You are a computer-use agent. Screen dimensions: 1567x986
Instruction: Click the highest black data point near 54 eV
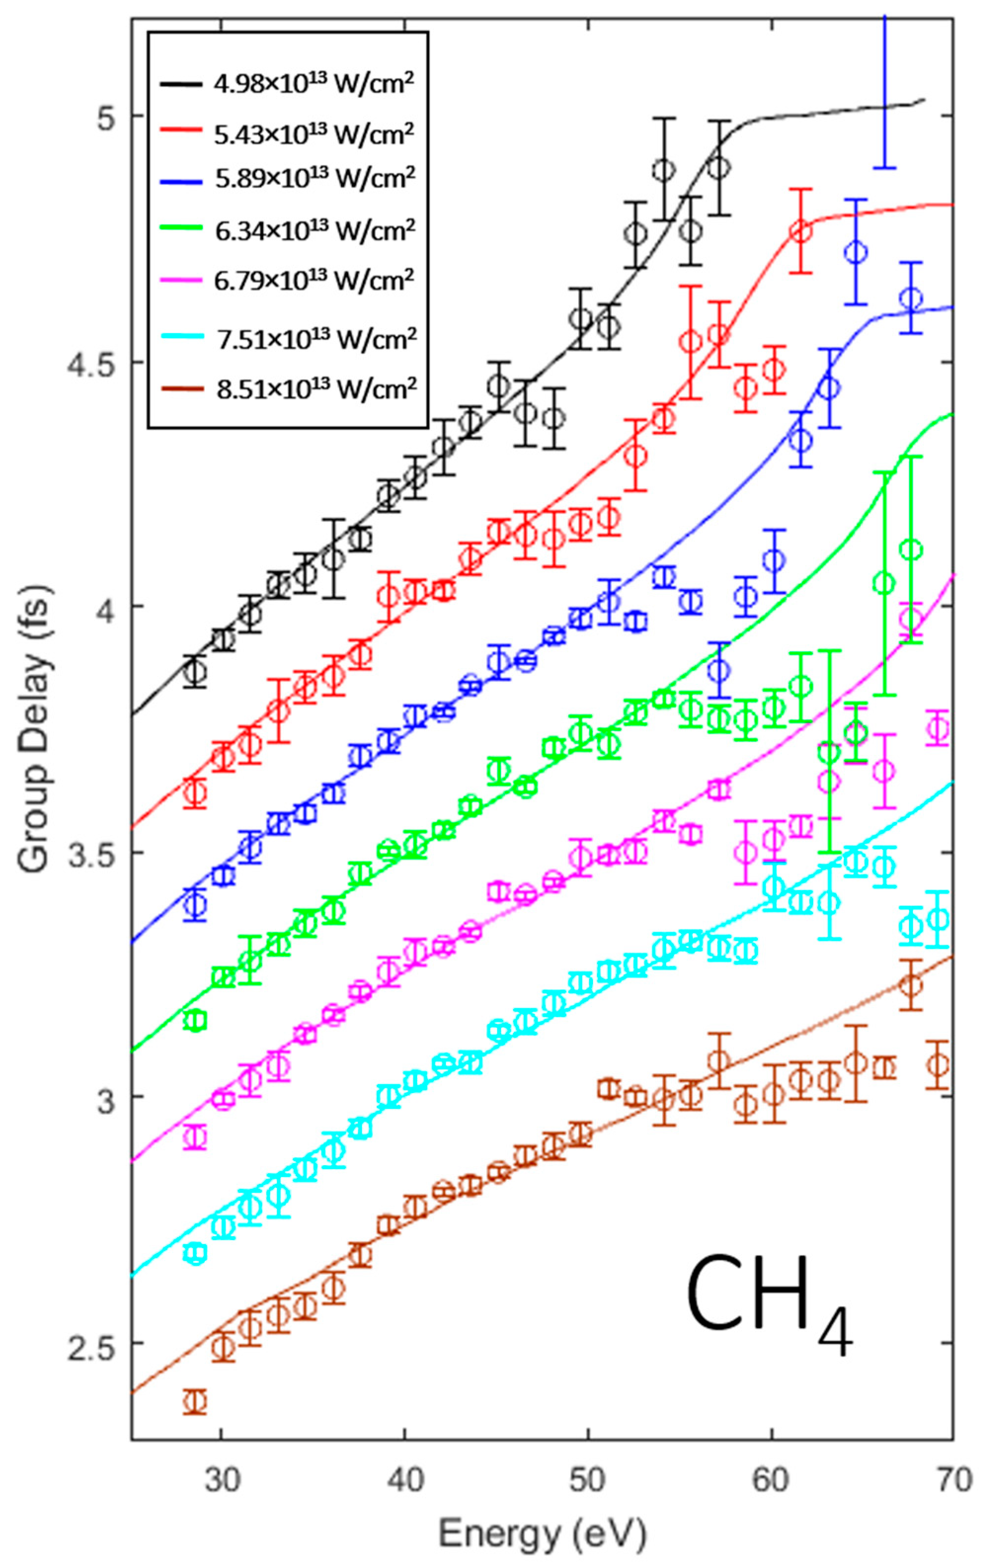pos(663,170)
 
